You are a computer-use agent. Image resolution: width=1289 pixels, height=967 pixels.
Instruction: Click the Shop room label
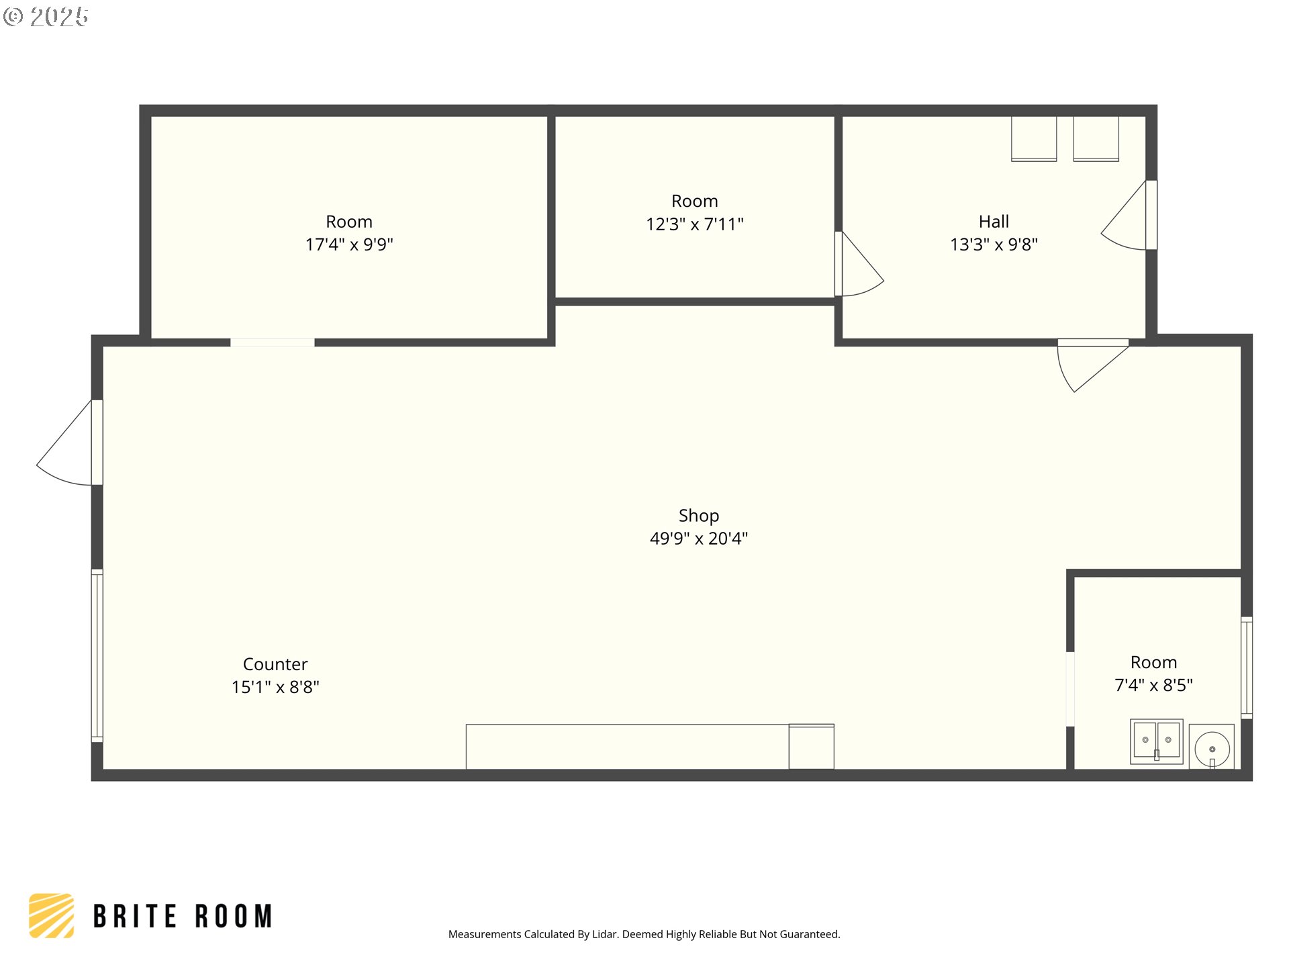click(x=698, y=516)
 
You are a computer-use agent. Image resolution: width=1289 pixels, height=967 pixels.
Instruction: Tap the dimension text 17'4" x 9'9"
click(x=349, y=244)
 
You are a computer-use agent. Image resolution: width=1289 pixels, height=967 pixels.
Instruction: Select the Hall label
click(x=994, y=222)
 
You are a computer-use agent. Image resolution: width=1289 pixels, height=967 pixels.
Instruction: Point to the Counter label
click(x=275, y=664)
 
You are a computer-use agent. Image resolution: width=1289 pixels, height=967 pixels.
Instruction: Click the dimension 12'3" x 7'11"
click(x=695, y=224)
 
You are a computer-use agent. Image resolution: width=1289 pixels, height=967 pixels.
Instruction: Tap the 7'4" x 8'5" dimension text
click(x=1153, y=685)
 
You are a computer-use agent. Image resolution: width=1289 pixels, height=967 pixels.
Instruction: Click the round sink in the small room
click(x=1212, y=747)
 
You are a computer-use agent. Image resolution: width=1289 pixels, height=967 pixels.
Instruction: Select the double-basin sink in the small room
click(x=1157, y=741)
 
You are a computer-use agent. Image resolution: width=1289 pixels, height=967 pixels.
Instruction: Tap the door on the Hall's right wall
click(x=1129, y=216)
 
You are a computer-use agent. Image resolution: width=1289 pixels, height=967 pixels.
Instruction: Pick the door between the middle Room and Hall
click(x=859, y=264)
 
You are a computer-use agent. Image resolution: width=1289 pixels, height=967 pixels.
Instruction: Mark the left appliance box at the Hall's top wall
click(x=1034, y=139)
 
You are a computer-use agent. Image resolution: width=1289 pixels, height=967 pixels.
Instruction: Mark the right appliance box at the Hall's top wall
click(x=1096, y=139)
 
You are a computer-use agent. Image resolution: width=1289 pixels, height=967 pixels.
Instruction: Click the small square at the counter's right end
click(x=811, y=746)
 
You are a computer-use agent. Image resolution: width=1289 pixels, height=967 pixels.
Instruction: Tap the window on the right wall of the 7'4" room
click(x=1247, y=667)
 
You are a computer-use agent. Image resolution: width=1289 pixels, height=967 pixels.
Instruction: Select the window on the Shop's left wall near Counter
click(x=97, y=655)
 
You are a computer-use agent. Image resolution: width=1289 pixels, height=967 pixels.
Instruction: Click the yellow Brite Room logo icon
click(x=52, y=915)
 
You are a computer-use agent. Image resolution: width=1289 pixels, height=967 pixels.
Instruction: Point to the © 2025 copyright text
click(x=46, y=17)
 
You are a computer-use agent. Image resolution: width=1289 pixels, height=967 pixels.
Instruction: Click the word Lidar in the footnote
click(x=606, y=934)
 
